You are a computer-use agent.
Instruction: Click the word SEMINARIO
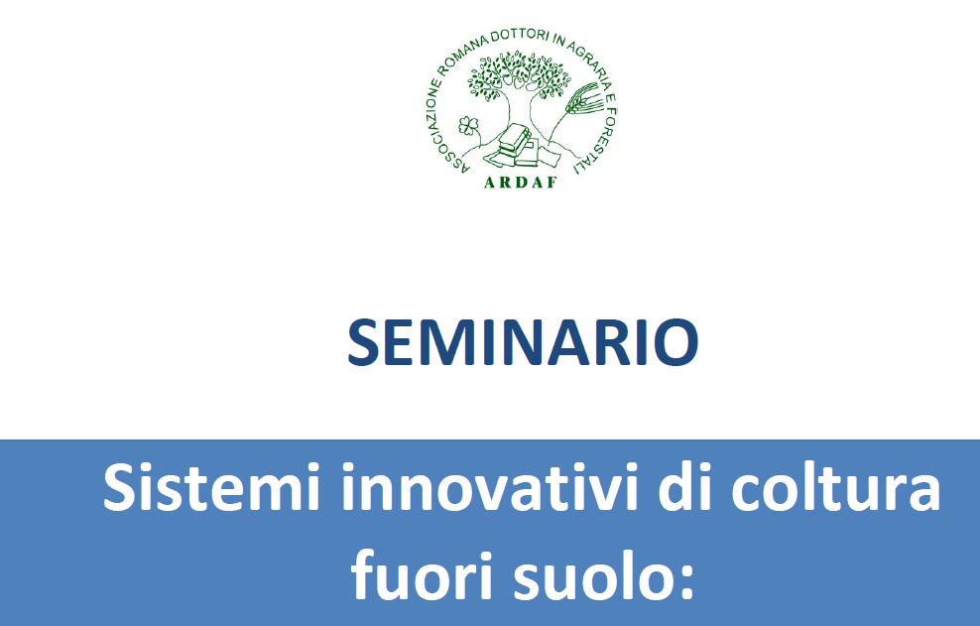click(523, 342)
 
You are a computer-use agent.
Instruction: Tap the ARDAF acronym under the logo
click(521, 183)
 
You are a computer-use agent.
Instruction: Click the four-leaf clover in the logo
click(469, 126)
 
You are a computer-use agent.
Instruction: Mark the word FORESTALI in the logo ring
click(599, 138)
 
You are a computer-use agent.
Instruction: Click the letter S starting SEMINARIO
click(363, 342)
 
